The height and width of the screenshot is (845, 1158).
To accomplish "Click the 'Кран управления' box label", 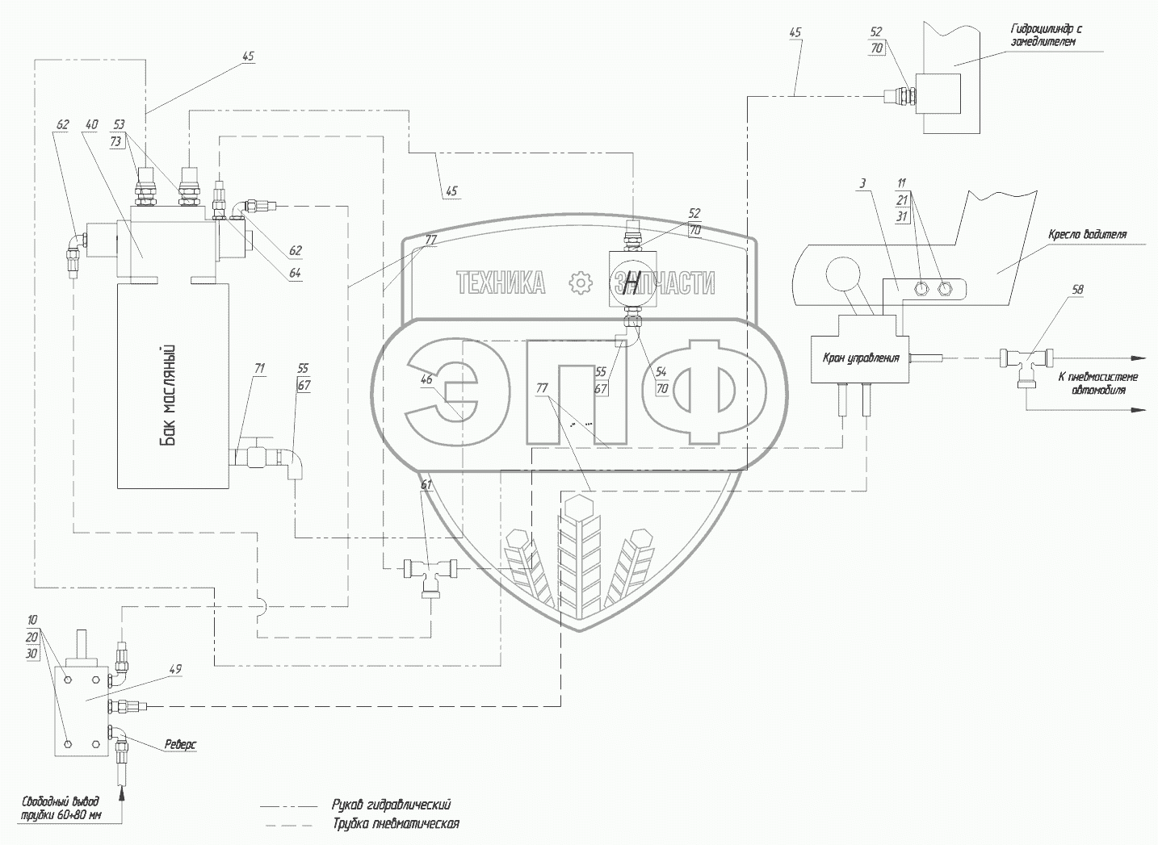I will coord(860,358).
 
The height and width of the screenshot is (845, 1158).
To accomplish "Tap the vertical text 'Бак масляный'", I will coord(169,395).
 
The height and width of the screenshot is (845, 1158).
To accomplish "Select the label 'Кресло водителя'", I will coord(1087,235).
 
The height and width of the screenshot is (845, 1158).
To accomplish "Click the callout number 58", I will coord(1077,290).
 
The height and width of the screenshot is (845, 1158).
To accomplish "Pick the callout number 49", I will coord(175,669).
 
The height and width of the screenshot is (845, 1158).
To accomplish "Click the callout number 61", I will coord(426,484).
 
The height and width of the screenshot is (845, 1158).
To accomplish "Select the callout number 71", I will coord(260,368).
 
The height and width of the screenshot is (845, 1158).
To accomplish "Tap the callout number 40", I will coord(91,124).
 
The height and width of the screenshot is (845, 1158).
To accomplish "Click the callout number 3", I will coord(862,183).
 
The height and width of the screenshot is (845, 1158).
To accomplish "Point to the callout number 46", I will coord(427,379).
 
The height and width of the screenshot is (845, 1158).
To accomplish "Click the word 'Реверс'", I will coord(180,744).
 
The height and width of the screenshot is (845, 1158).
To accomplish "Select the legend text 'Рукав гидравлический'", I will coord(391,805).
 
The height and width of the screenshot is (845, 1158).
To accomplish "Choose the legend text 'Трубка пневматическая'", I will coord(395,824).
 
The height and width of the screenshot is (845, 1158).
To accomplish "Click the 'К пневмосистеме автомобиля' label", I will coord(1097,383).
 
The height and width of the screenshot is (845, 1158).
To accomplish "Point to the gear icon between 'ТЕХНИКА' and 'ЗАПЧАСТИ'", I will coord(580,283).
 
